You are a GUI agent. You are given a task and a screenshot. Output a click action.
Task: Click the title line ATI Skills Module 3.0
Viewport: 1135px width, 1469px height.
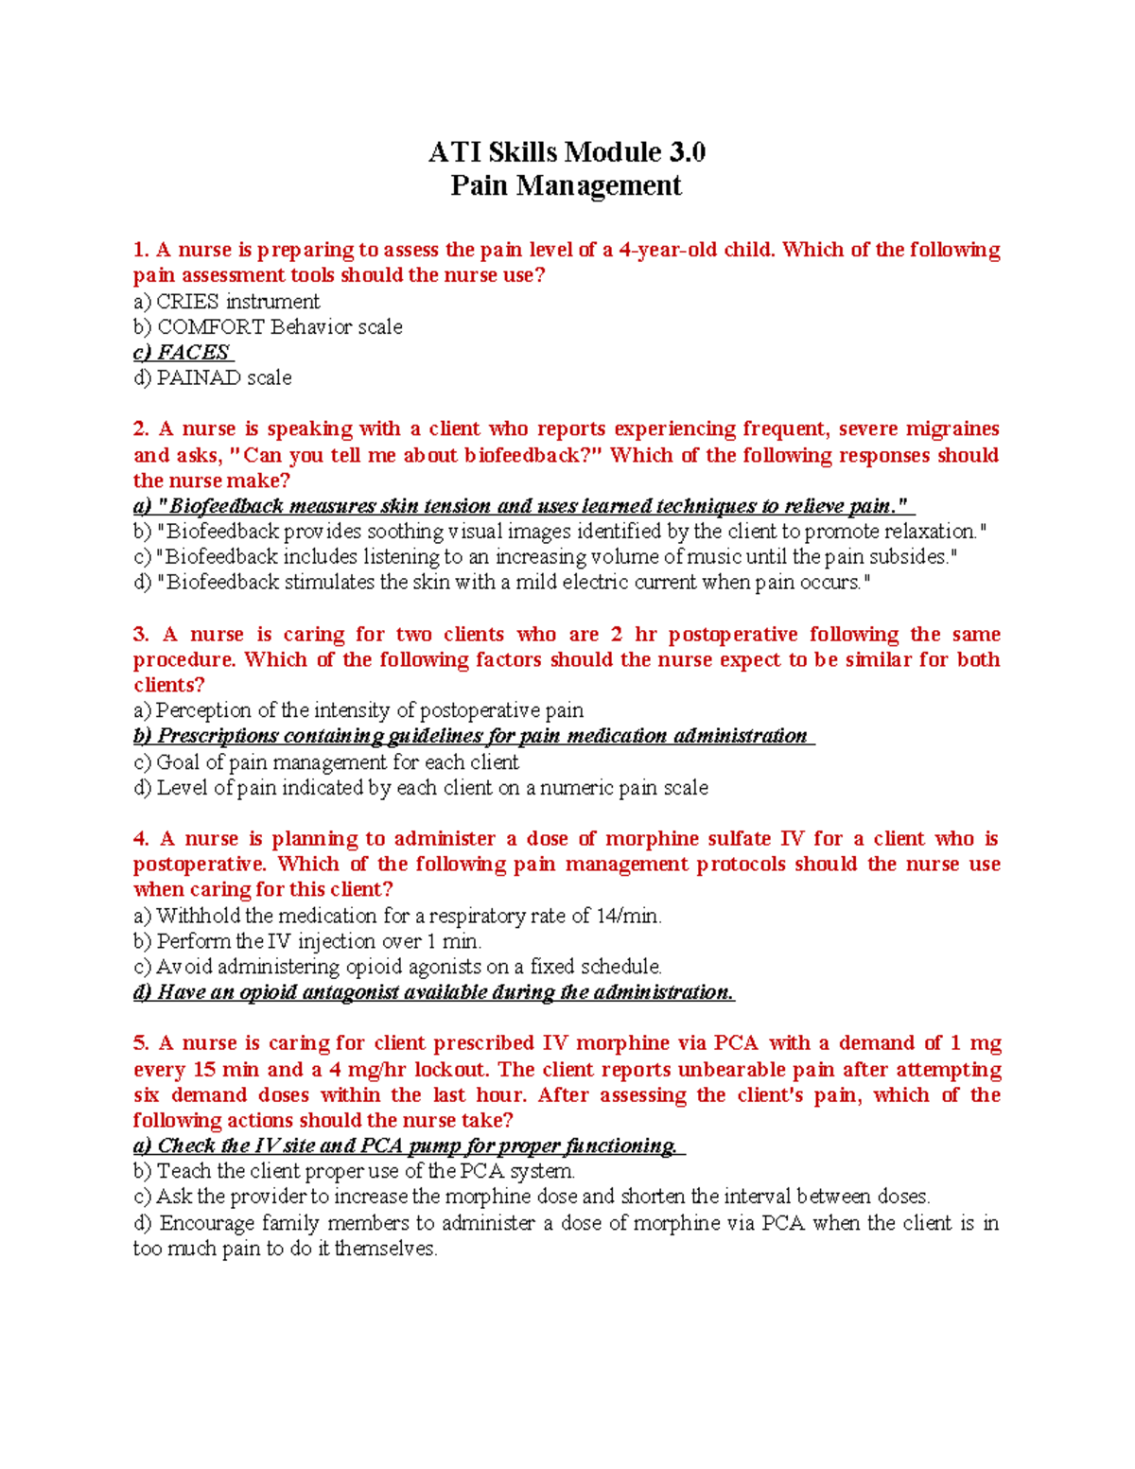pos(567,152)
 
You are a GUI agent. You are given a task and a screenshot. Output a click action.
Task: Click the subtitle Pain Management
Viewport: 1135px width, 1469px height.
pos(566,185)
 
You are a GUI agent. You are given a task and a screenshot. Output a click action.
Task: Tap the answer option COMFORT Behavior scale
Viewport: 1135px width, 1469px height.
pos(268,327)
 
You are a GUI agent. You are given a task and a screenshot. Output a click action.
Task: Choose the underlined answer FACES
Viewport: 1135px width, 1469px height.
pos(183,353)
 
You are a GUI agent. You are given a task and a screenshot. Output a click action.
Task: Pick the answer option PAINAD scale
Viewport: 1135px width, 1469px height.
pos(213,378)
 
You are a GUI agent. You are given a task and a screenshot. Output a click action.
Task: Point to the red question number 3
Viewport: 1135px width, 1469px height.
pos(141,635)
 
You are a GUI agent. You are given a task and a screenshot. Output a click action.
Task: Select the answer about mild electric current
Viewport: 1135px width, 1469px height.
pos(501,583)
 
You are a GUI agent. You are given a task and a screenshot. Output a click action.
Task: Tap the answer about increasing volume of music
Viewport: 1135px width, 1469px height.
pos(546,557)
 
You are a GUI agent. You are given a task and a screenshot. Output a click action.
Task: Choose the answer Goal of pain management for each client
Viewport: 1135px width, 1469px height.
pos(326,762)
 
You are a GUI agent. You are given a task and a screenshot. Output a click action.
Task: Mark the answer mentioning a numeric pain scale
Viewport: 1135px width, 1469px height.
pos(421,788)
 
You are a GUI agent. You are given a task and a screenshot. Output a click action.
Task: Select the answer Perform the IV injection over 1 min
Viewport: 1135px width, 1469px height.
pos(307,941)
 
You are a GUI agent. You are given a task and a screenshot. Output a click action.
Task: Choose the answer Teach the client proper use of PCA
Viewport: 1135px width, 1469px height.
pos(354,1171)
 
